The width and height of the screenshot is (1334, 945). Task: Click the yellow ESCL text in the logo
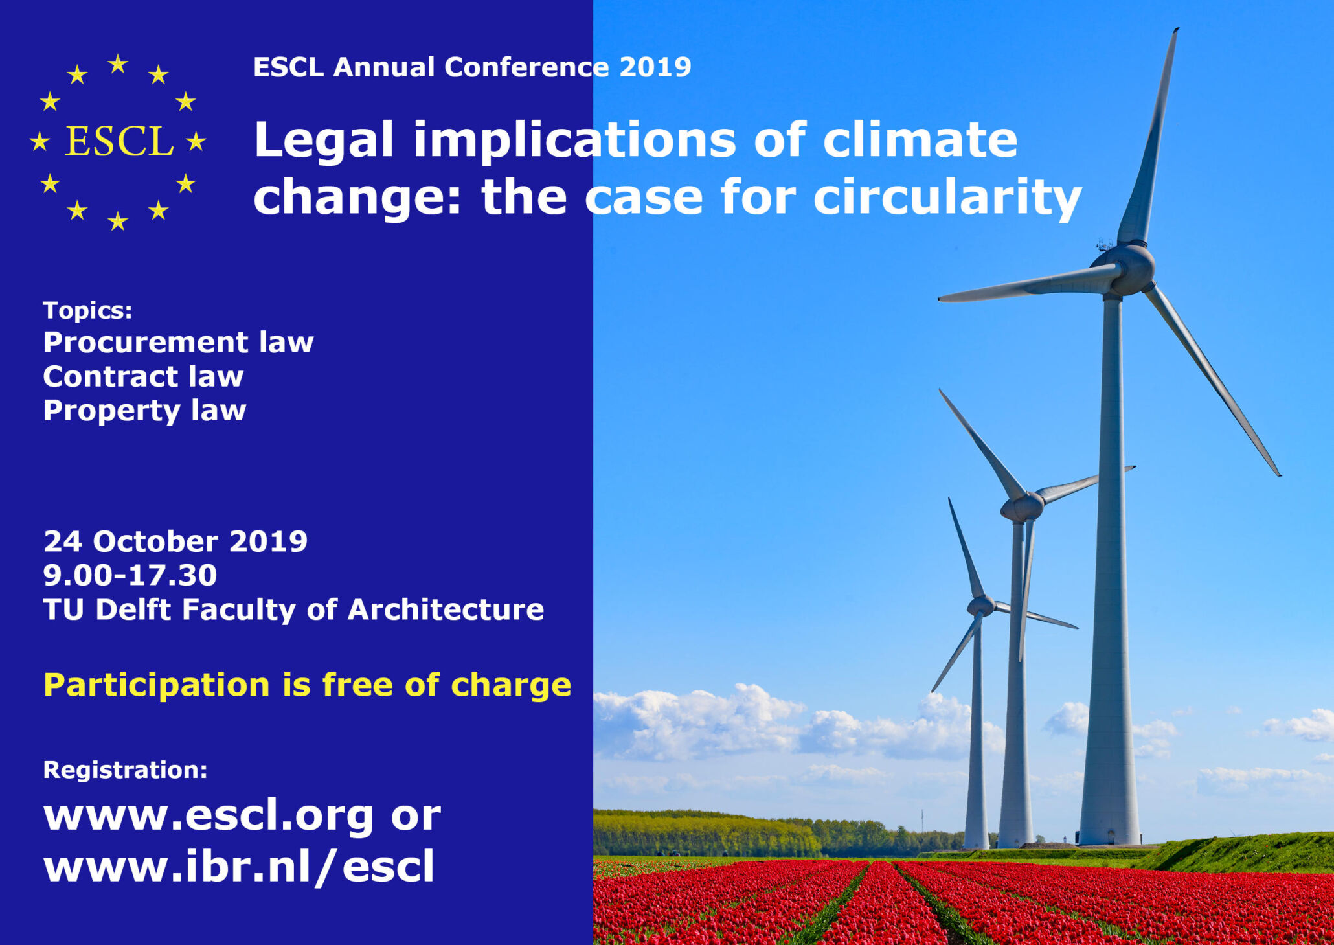pyautogui.click(x=120, y=141)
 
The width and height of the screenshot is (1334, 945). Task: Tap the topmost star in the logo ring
pyautogui.click(x=118, y=63)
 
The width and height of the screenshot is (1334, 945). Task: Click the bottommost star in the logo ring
pyautogui.click(x=117, y=221)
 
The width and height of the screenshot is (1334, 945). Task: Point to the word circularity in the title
pyautogui.click(x=947, y=198)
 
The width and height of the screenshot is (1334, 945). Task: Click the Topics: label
pyautogui.click(x=87, y=310)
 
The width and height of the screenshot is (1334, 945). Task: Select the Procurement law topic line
pyautogui.click(x=178, y=343)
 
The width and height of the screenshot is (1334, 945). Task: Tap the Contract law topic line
pyautogui.click(x=143, y=376)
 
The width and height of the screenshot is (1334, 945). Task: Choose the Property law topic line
pyautogui.click(x=144, y=411)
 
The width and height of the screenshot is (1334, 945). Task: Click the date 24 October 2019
pyautogui.click(x=175, y=541)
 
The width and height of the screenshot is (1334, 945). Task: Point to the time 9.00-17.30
pyautogui.click(x=130, y=575)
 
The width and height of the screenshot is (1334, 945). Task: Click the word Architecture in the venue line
pyautogui.click(x=446, y=609)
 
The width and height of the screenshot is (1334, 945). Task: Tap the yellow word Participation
pyautogui.click(x=156, y=685)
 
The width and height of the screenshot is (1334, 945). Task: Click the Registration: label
pyautogui.click(x=125, y=769)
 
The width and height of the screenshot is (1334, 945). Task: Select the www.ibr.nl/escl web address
pyautogui.click(x=238, y=866)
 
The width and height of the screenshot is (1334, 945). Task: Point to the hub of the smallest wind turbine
pyautogui.click(x=980, y=606)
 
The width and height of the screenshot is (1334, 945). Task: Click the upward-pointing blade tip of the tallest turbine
pyautogui.click(x=1176, y=30)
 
